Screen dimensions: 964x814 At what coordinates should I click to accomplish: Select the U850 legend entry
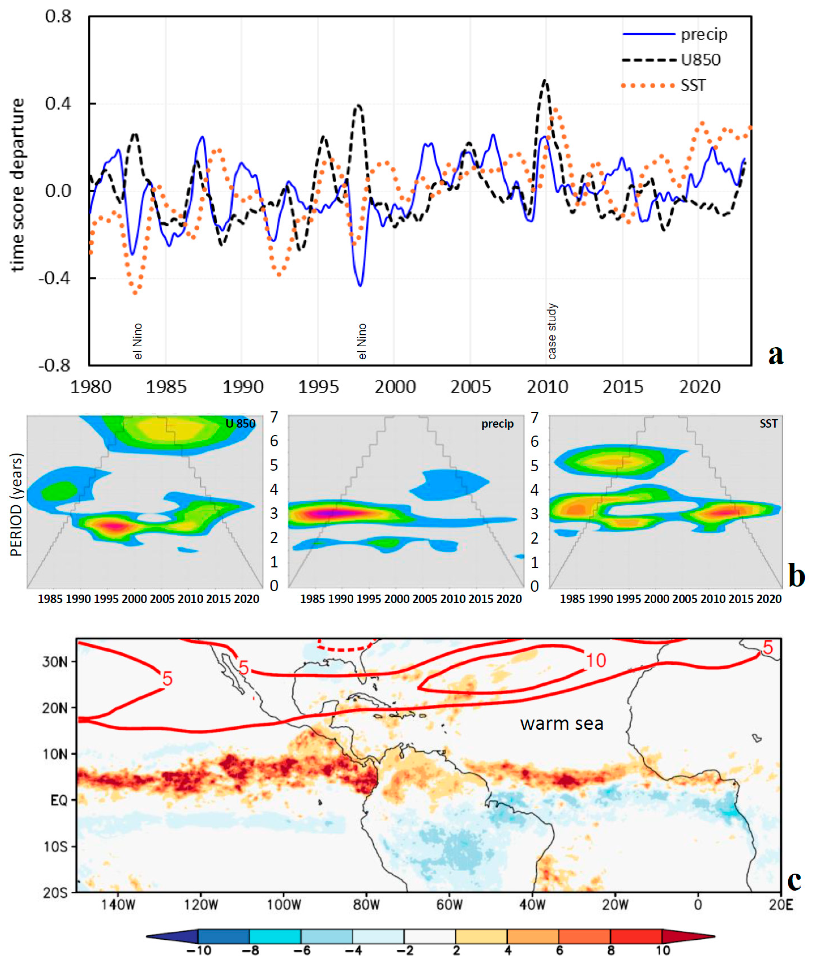pos(700,60)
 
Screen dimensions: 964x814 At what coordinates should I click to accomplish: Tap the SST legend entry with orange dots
pos(693,85)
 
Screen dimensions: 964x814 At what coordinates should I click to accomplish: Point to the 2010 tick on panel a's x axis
pos(547,386)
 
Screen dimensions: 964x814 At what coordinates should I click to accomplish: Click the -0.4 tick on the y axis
pos(55,278)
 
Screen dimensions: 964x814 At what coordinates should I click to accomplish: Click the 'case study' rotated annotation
pos(552,331)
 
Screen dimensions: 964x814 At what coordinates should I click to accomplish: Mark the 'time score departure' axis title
pos(18,184)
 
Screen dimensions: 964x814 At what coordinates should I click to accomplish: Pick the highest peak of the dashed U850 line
pos(545,81)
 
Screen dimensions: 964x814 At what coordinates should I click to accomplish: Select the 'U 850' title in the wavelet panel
pos(241,423)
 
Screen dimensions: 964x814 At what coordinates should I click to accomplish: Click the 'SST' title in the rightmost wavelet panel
pos(768,423)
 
